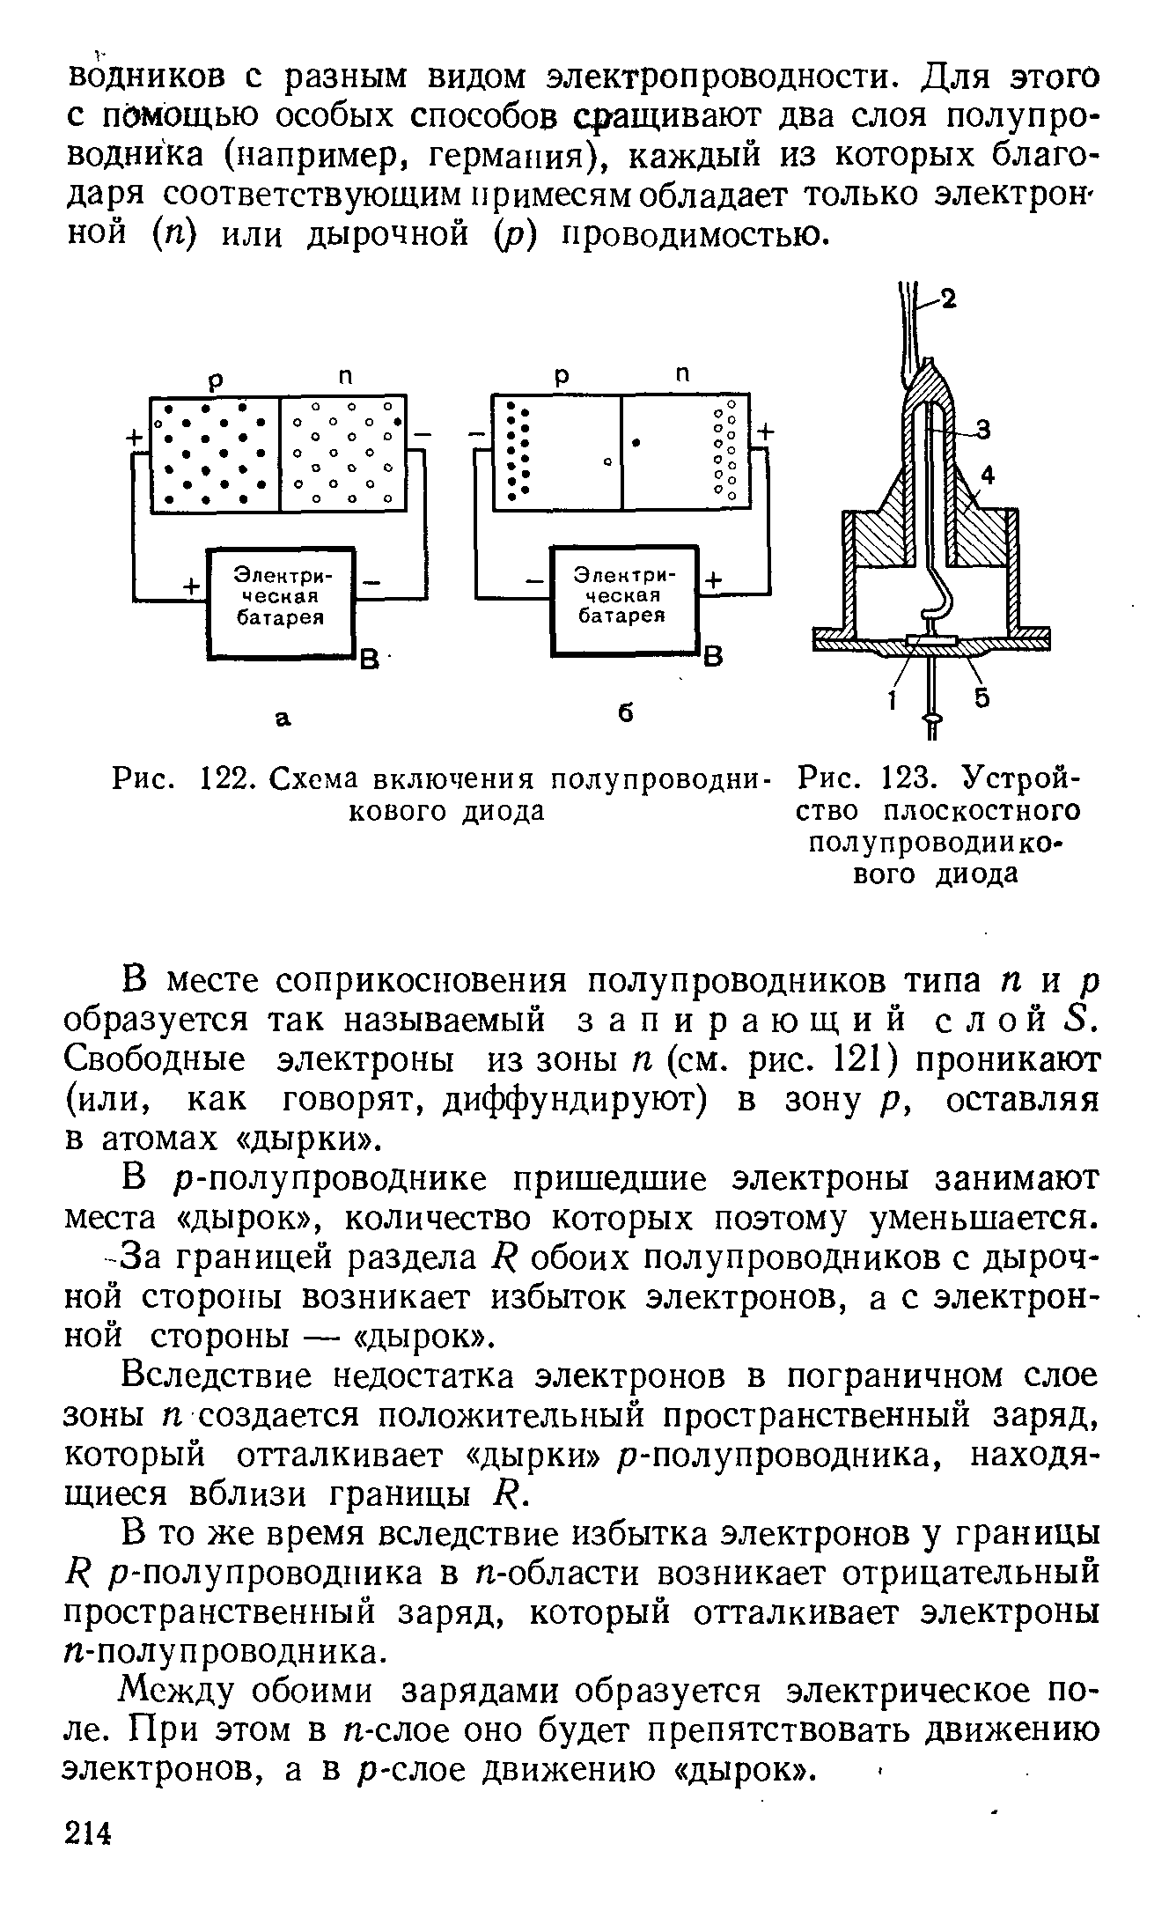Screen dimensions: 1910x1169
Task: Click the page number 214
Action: tap(91, 1832)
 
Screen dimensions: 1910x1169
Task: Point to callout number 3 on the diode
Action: tap(982, 431)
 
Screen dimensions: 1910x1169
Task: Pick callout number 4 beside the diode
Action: tap(987, 476)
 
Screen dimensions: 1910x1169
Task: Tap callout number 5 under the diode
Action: tap(982, 697)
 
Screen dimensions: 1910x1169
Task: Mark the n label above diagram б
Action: tap(680, 373)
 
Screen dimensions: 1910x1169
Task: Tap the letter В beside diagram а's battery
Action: tap(370, 658)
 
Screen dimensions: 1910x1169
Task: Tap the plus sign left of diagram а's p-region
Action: tap(136, 439)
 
